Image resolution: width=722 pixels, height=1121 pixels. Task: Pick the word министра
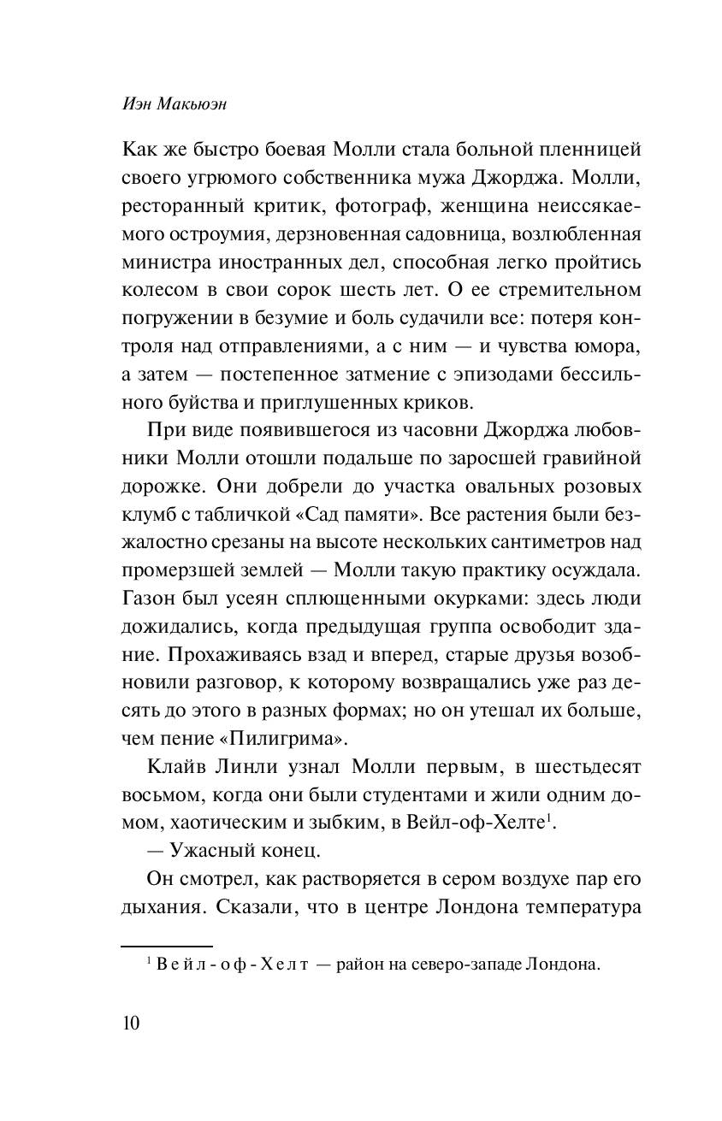(x=161, y=264)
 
